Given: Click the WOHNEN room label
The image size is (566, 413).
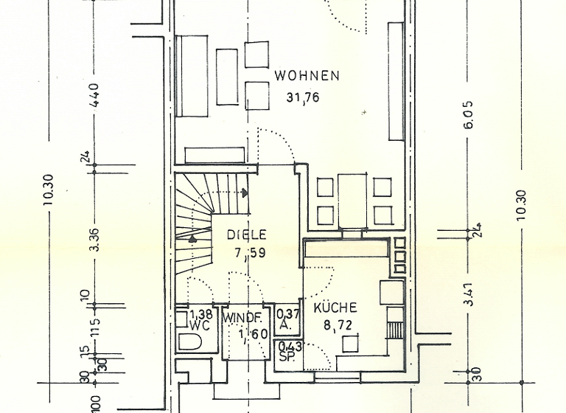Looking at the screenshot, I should point(307,75).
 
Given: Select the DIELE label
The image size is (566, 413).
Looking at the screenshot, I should point(246,235).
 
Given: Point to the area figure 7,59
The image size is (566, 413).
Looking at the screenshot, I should point(246,252).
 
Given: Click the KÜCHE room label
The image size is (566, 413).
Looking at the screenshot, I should point(335,308).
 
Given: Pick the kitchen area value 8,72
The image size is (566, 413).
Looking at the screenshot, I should point(335,324).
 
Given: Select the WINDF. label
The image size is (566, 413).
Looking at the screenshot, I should point(244,318).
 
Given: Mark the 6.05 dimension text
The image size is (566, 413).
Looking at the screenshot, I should point(469,115).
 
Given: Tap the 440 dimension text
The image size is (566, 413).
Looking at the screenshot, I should point(94,96).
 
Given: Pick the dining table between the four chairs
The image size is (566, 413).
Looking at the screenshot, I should point(353,200).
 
